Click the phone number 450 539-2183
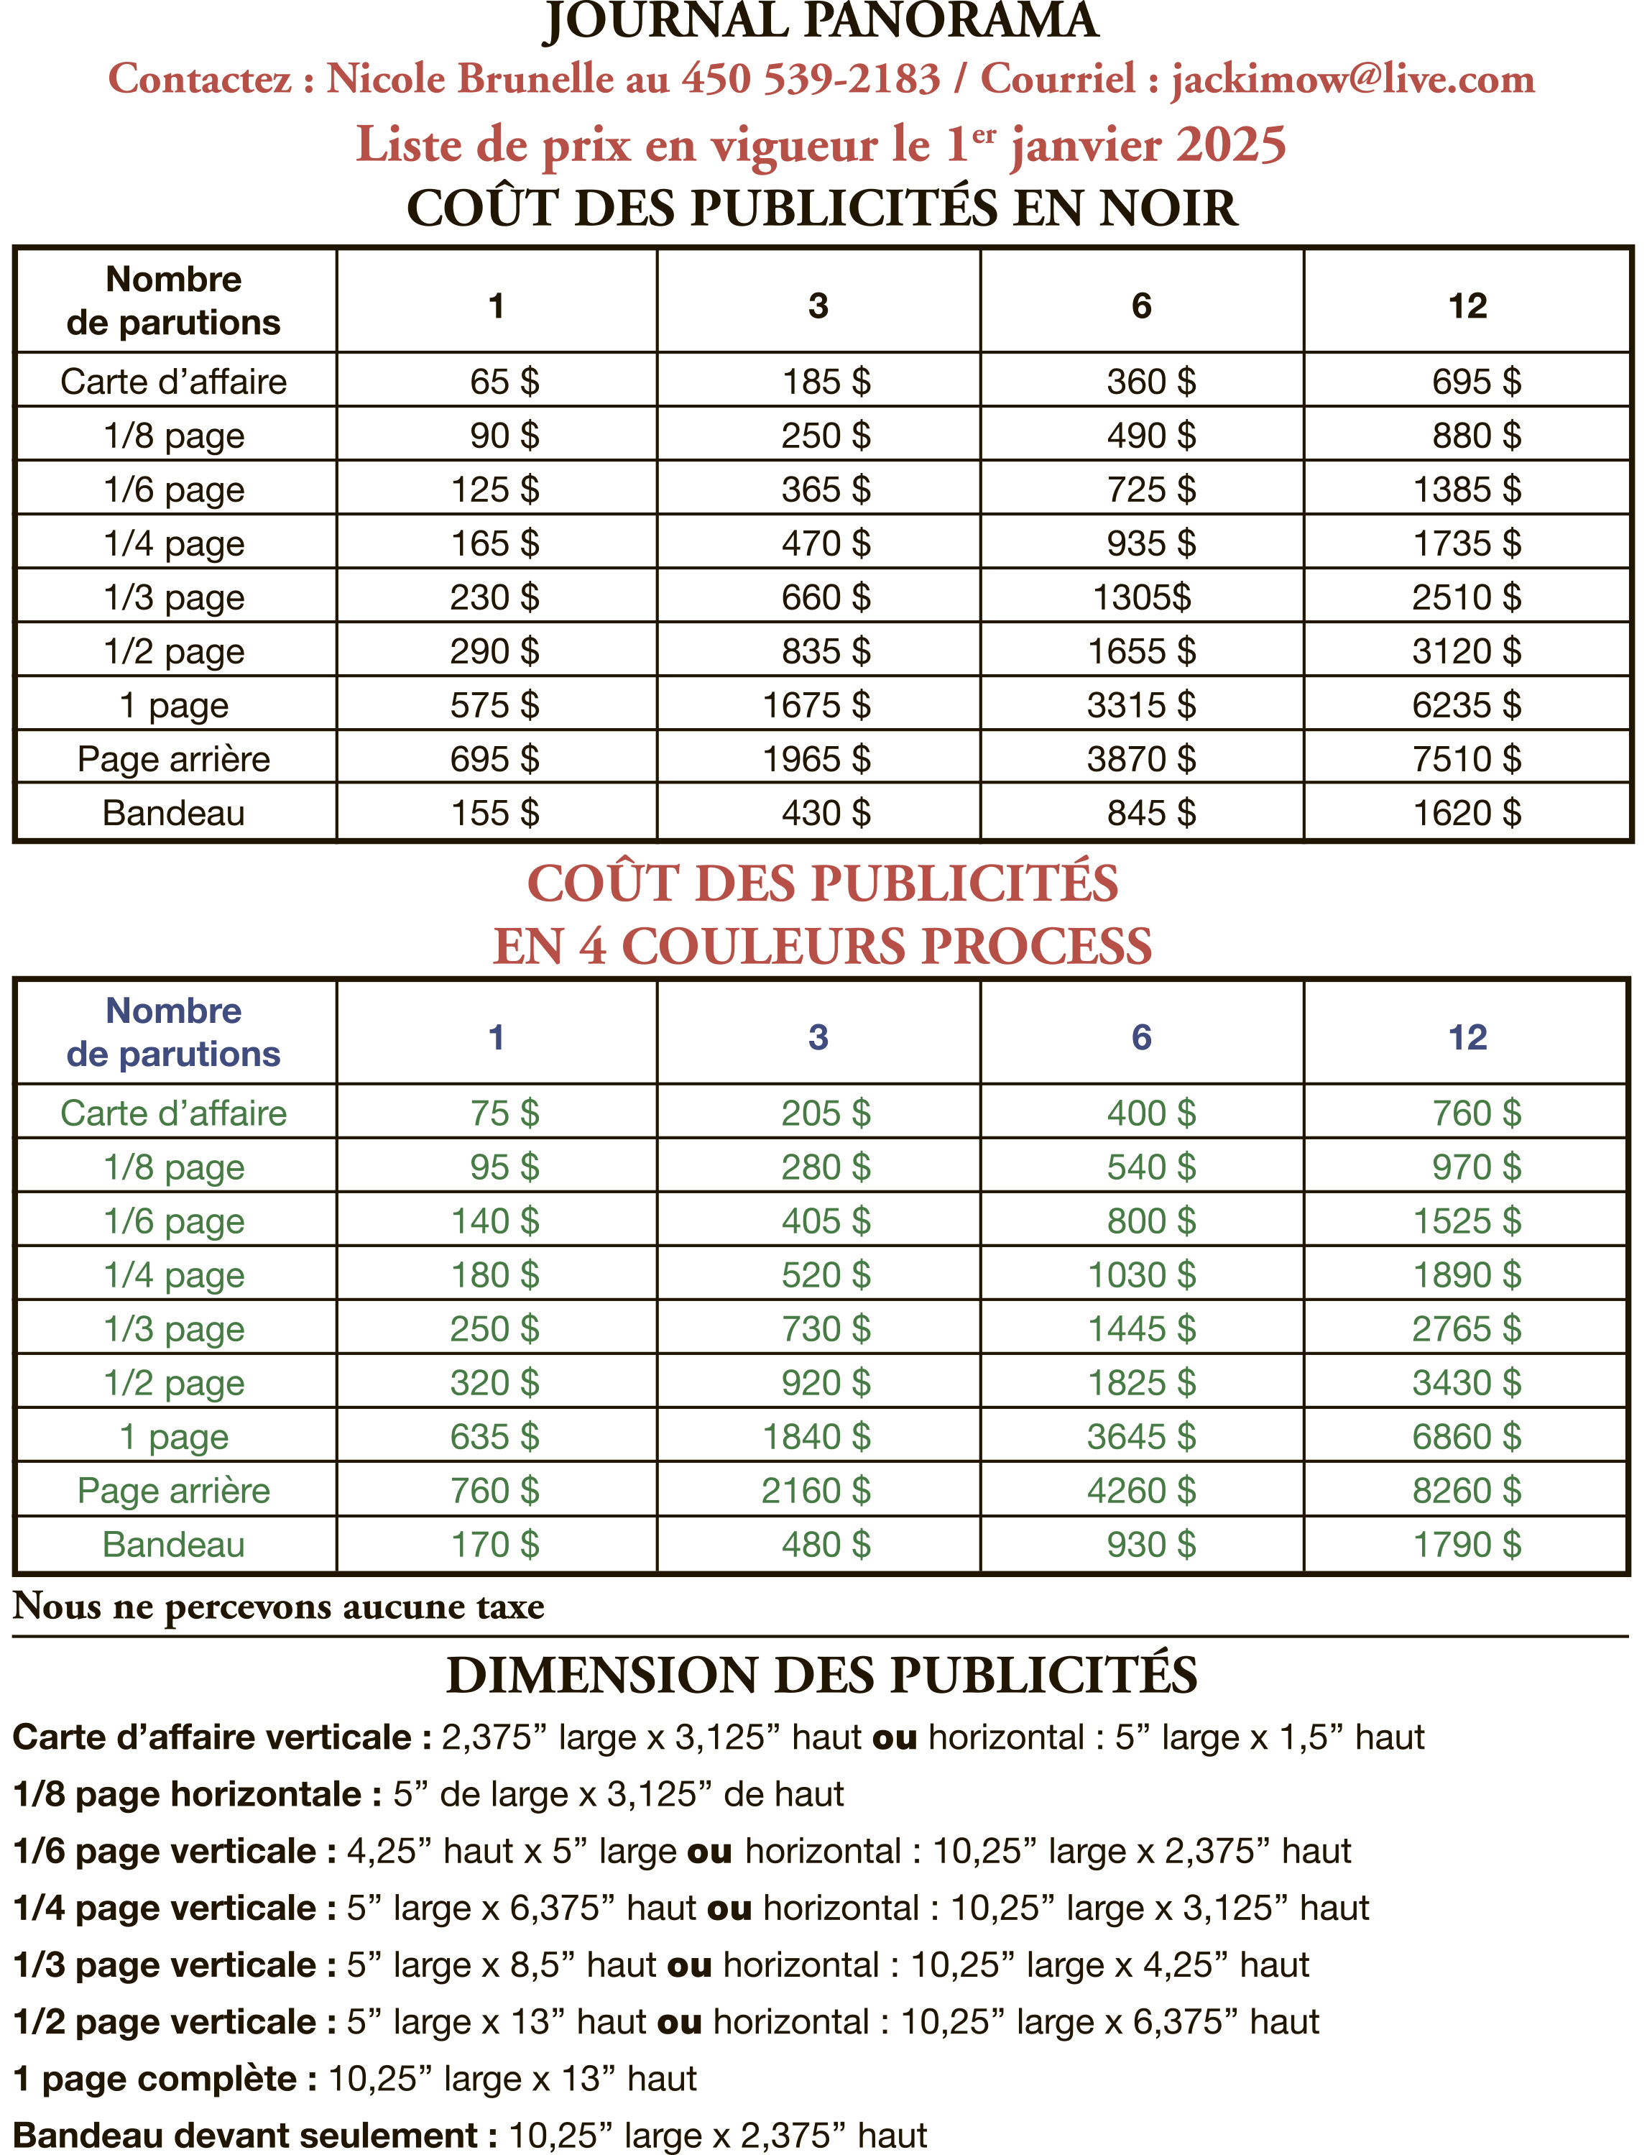[x=811, y=79]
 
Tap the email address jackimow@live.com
[x=1353, y=79]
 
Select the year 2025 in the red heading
[x=1230, y=145]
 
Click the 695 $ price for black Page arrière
[x=494, y=759]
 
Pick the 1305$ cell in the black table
[x=1142, y=597]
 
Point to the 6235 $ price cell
[x=1467, y=705]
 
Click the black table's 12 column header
[x=1467, y=306]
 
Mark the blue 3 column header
[x=818, y=1037]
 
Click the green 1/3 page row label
[x=173, y=1330]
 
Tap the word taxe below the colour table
[x=509, y=1607]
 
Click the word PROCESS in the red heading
[x=1035, y=947]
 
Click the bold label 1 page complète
[x=164, y=2079]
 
